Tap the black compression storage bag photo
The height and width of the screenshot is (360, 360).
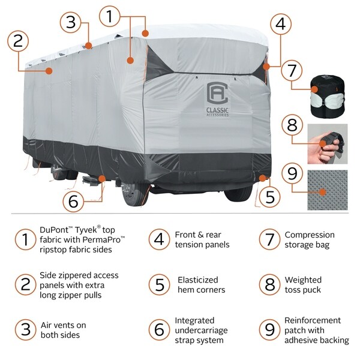[326, 97]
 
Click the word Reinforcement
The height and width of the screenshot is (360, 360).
[313, 320]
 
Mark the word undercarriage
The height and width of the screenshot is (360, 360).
[203, 331]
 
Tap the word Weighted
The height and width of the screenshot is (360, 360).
[303, 280]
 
